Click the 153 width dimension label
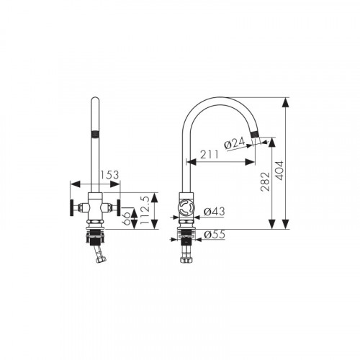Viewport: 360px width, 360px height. [x=109, y=175]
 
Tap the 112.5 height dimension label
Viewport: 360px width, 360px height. [x=145, y=210]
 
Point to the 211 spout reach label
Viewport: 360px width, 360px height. [x=210, y=155]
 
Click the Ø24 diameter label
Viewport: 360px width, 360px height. [x=235, y=143]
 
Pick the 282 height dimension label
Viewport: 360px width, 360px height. [x=266, y=181]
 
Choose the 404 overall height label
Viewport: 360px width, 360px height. [x=279, y=171]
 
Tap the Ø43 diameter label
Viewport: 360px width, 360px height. [x=215, y=212]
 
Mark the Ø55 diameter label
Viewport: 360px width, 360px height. [x=215, y=235]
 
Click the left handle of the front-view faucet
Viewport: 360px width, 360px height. [x=72, y=207]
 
